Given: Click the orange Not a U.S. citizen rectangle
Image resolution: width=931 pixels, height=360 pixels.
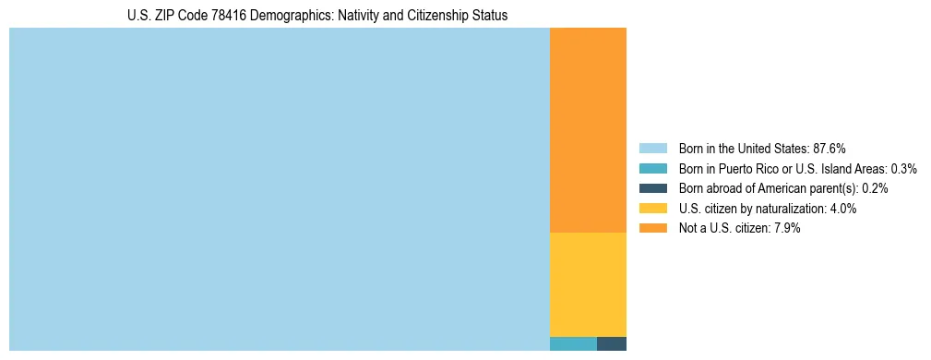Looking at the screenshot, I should coord(588,130).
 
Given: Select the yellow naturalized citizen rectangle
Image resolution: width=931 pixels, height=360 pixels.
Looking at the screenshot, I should coord(588,284).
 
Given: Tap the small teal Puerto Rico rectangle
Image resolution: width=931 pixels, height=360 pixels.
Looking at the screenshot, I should coord(573,344).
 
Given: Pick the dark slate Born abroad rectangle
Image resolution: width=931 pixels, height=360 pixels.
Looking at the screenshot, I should coord(612,344).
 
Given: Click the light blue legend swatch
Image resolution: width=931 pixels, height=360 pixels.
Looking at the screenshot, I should coord(652,149).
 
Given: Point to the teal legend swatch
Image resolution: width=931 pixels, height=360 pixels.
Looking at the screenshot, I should coord(652,169).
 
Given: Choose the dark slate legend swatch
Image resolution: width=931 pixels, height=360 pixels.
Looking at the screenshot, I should coord(652,188).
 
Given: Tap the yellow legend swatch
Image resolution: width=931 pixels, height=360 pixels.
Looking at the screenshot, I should coord(652,209).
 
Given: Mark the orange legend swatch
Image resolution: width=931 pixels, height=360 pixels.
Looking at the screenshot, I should coord(652,228).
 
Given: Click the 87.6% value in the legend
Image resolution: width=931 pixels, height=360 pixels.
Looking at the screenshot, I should coord(829,149).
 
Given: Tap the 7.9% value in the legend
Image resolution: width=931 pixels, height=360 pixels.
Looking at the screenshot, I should coord(786,228).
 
